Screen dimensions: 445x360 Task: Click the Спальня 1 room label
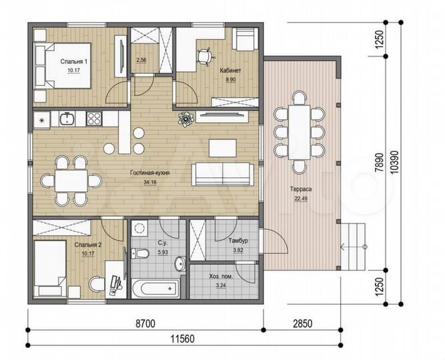pyautogui.click(x=74, y=61)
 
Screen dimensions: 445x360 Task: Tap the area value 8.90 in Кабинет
pyautogui.click(x=231, y=80)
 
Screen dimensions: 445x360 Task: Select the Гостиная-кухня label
pyautogui.click(x=150, y=173)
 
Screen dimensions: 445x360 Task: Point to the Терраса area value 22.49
pyautogui.click(x=301, y=199)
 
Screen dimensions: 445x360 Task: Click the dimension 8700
pyautogui.click(x=145, y=323)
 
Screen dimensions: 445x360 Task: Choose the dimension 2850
pyautogui.click(x=302, y=323)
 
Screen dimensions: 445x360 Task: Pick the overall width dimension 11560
pyautogui.click(x=183, y=339)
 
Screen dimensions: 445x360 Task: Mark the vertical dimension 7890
pyautogui.click(x=379, y=163)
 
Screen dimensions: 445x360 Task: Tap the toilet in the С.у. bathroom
pyautogui.click(x=139, y=253)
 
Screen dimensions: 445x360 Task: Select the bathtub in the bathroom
pyautogui.click(x=155, y=289)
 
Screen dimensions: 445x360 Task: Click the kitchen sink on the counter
pyautogui.click(x=67, y=119)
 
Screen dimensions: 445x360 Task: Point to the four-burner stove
pyautogui.click(x=94, y=119)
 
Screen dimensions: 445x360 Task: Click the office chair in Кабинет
pyautogui.click(x=205, y=56)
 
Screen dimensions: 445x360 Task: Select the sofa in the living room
pyautogui.click(x=223, y=174)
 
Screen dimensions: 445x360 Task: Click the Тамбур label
pyautogui.click(x=238, y=241)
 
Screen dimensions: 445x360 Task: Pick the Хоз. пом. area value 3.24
pyautogui.click(x=221, y=285)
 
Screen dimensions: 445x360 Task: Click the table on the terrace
pyautogui.click(x=300, y=132)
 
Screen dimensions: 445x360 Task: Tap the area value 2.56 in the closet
pyautogui.click(x=141, y=60)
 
